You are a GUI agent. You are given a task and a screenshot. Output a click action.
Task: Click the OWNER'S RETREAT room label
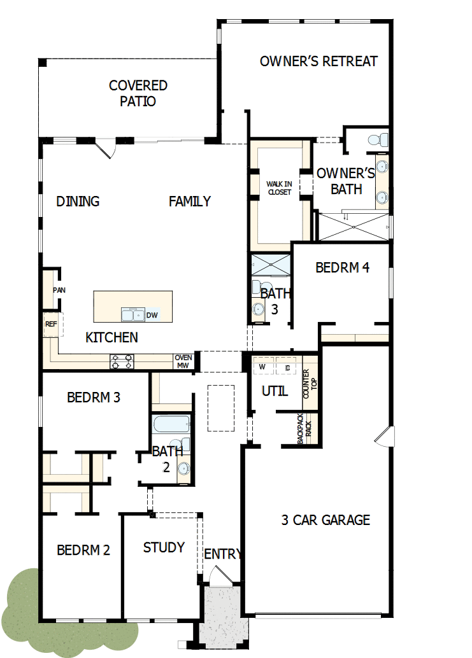click(x=318, y=62)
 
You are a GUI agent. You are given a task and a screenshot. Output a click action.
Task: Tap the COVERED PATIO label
click(x=138, y=94)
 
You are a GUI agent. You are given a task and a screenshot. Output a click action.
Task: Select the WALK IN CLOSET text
click(x=279, y=188)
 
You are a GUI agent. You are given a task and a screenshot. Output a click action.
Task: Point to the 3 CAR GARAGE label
click(x=325, y=520)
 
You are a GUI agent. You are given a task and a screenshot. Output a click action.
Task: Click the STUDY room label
click(x=164, y=547)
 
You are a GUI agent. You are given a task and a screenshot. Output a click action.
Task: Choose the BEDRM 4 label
click(x=343, y=268)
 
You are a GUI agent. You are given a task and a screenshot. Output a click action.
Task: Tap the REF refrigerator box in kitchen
click(x=51, y=324)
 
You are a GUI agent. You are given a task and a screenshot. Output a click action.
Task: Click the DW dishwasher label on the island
click(x=152, y=315)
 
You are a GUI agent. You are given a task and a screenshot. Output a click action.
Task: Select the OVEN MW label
click(x=183, y=361)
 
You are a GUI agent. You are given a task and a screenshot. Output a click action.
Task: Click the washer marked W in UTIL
click(x=262, y=368)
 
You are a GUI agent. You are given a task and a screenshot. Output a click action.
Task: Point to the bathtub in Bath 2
click(x=171, y=424)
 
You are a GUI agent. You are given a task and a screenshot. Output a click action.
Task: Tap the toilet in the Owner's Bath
click(x=378, y=139)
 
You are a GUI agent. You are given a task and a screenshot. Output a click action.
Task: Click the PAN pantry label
click(x=59, y=290)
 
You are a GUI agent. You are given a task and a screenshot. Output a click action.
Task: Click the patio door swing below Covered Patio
click(x=106, y=150)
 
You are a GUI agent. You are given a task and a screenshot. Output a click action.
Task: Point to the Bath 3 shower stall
click(x=270, y=264)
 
